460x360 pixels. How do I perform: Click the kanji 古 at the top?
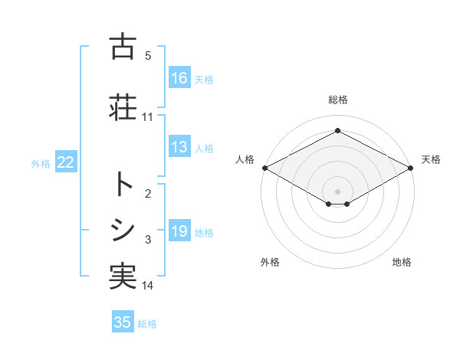(x=123, y=47)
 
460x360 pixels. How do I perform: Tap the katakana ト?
(x=123, y=184)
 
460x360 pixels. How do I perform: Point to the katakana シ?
(x=123, y=231)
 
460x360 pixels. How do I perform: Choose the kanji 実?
(x=123, y=277)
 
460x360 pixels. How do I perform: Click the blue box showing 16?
(x=179, y=78)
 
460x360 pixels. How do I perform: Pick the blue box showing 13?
(x=179, y=147)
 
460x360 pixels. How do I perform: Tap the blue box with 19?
(x=179, y=231)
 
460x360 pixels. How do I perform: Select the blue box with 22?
(x=65, y=162)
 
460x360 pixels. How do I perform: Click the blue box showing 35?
(x=123, y=322)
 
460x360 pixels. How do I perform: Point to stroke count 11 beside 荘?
(x=148, y=117)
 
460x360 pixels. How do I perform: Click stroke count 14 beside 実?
(x=148, y=286)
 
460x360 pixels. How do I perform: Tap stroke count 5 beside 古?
(x=148, y=56)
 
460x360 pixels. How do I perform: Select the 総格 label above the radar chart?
(x=337, y=100)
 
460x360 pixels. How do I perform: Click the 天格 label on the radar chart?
(x=431, y=159)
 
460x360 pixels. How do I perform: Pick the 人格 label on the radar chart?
(x=245, y=159)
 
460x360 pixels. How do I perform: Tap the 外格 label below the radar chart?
(x=270, y=262)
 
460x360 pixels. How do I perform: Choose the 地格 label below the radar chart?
(x=402, y=262)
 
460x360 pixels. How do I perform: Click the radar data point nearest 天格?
(x=411, y=167)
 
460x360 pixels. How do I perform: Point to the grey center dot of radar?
(x=337, y=191)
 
